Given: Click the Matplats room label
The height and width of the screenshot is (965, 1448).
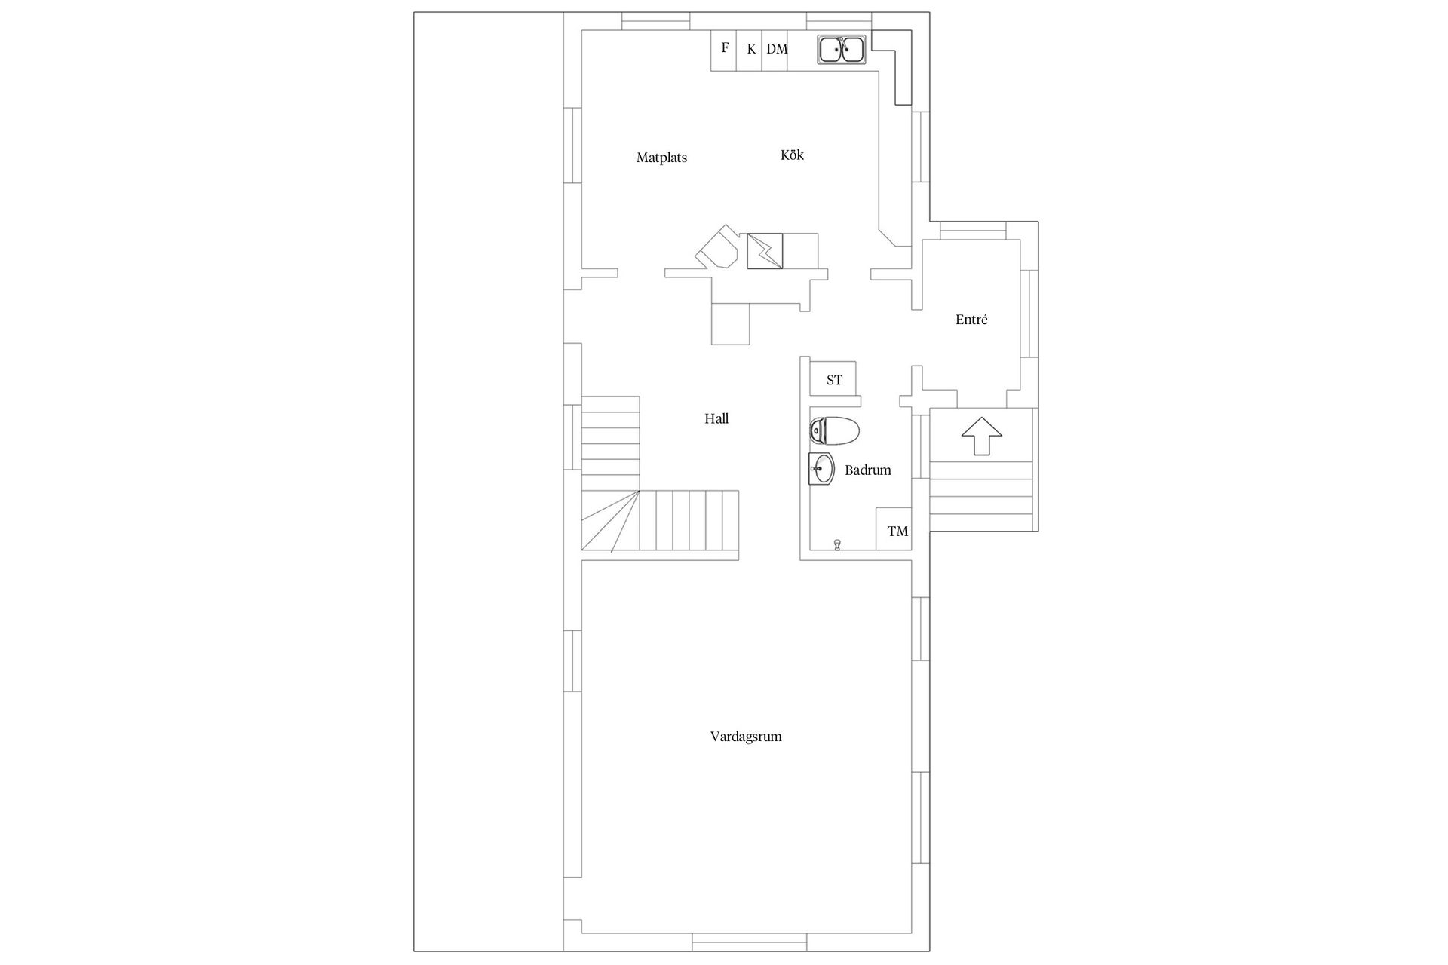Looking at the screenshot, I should (x=661, y=158).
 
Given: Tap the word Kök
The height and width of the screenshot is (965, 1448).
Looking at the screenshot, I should (x=792, y=155).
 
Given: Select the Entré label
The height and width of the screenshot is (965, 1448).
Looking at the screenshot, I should (x=971, y=320).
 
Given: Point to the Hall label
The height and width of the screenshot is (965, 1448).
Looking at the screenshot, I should (x=716, y=418).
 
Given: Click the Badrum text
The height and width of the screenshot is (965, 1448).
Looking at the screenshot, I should (x=868, y=470).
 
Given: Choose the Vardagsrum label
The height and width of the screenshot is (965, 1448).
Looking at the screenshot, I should (x=746, y=737).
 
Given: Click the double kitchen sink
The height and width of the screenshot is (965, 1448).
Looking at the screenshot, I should (x=842, y=50).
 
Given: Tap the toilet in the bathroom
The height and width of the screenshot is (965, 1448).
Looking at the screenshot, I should (x=834, y=431).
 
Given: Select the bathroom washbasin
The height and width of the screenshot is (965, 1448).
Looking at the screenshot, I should (x=821, y=470).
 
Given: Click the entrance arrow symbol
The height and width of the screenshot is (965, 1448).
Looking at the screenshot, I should (x=981, y=437).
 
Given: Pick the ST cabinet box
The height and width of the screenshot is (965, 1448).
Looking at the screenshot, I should (x=833, y=379).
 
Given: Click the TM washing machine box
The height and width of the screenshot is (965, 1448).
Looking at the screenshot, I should (x=897, y=530).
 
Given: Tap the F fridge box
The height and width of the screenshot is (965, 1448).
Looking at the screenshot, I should (x=725, y=49).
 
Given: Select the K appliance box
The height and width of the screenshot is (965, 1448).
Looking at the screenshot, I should (x=751, y=50).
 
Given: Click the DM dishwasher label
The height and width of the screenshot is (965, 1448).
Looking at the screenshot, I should (x=777, y=50).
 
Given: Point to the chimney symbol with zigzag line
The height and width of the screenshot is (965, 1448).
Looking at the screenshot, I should (x=765, y=251).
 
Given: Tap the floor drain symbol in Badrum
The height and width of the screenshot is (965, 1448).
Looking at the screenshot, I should (x=837, y=544).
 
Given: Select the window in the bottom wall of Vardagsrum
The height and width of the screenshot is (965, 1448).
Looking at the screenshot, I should (x=750, y=942).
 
